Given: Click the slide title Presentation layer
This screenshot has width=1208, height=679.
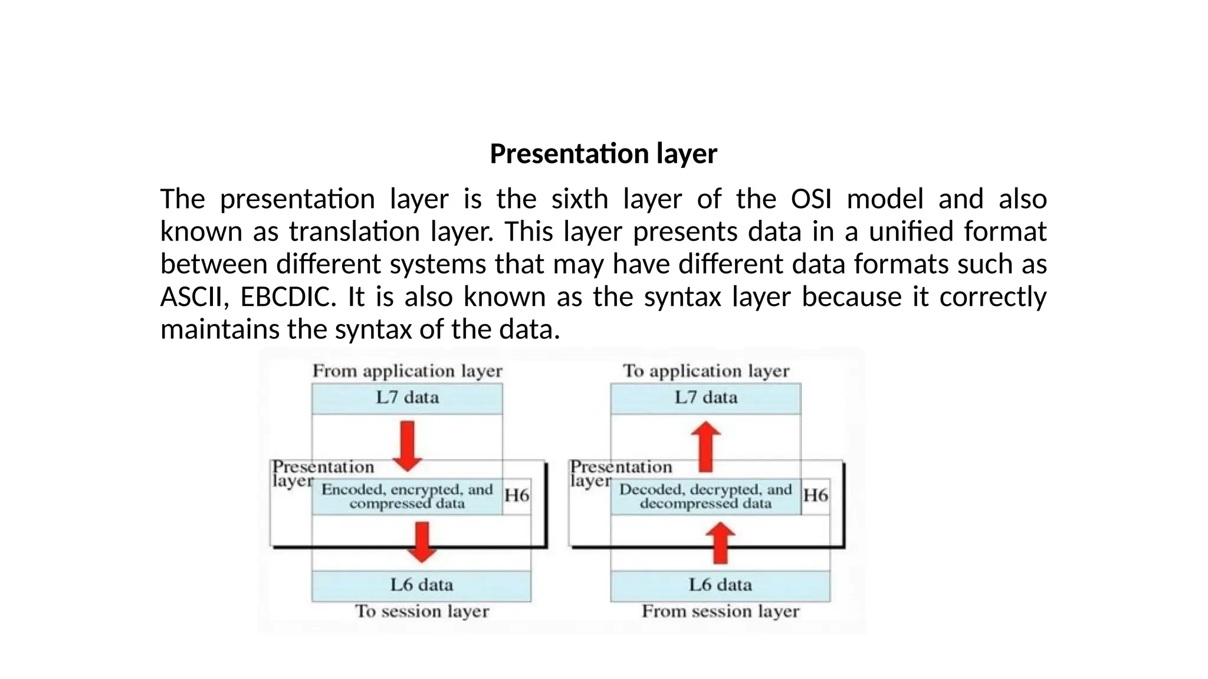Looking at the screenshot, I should point(603,154).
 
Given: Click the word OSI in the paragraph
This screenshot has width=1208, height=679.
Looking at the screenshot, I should point(811,199).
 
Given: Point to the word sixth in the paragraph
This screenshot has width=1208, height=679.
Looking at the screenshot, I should point(579,199).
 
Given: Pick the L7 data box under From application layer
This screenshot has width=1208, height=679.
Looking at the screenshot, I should point(407,398).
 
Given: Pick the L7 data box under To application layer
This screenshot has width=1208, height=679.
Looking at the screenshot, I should point(705,398).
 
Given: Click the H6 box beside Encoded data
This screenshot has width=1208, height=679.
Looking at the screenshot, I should point(517,496).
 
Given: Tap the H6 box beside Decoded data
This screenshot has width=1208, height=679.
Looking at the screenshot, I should point(815,496).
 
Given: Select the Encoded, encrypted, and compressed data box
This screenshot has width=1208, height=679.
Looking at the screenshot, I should point(407,496).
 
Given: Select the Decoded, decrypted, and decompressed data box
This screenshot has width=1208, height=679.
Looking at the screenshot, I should point(705,496).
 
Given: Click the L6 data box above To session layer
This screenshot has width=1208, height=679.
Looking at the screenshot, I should point(421,585).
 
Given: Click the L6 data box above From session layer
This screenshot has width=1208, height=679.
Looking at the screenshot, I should point(720,585).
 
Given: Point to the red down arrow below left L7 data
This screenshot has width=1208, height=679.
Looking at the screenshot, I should point(407,446).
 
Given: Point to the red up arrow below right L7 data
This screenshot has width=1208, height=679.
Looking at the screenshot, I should point(705,446).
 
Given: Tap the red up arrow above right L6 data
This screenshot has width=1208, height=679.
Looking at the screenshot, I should point(720,543).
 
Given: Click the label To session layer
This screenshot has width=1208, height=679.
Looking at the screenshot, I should point(422,611).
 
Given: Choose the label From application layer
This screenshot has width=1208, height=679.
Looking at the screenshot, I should point(407,371).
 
